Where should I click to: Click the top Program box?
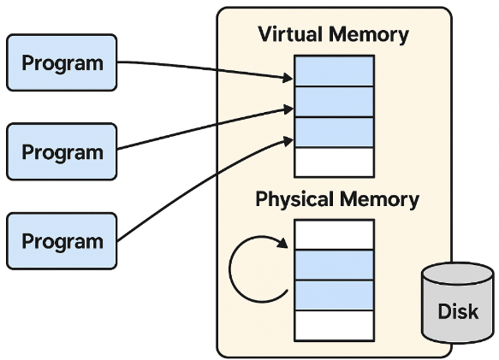pyautogui.click(x=62, y=62)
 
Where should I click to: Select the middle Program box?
pyautogui.click(x=62, y=151)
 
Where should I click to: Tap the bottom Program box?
pyautogui.click(x=62, y=241)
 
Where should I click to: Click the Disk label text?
pyautogui.click(x=458, y=311)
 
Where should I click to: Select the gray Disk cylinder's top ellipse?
pyautogui.click(x=458, y=274)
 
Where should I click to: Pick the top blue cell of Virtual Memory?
pyautogui.click(x=334, y=71)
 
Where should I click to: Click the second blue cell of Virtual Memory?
pyautogui.click(x=334, y=102)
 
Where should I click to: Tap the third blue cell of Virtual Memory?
pyautogui.click(x=334, y=132)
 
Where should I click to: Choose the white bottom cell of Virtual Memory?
pyautogui.click(x=334, y=162)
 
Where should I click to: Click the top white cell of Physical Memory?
pyautogui.click(x=334, y=234)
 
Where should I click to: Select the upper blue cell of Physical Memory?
pyautogui.click(x=334, y=265)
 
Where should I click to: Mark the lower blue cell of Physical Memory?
pyautogui.click(x=334, y=295)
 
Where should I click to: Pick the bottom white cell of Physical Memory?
pyautogui.click(x=334, y=325)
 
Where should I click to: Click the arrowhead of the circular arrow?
pyautogui.click(x=282, y=243)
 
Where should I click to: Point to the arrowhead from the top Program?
pyautogui.click(x=288, y=78)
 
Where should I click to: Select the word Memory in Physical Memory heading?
pyautogui.click(x=379, y=200)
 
